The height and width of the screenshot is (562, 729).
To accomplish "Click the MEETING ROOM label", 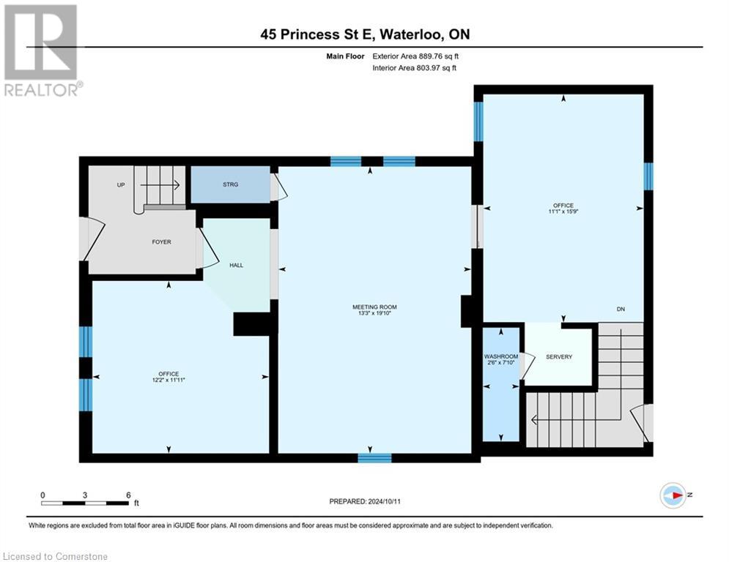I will (374, 307).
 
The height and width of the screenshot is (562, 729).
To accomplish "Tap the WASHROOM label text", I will (501, 356).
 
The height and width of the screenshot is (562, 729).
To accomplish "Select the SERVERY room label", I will (559, 356).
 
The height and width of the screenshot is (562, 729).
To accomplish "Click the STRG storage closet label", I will (230, 184).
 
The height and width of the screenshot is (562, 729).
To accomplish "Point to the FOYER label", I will (161, 241).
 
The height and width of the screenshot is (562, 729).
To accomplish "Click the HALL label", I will (236, 265).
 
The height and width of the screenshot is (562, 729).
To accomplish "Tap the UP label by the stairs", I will (121, 185).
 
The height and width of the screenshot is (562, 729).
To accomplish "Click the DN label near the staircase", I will (621, 310).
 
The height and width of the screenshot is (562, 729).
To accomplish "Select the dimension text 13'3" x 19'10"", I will (374, 314).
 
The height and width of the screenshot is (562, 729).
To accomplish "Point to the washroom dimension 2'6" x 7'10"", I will (501, 364).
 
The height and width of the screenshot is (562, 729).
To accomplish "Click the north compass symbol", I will (672, 495).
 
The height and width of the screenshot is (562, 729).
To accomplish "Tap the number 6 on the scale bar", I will (128, 495).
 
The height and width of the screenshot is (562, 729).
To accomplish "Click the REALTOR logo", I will (42, 50).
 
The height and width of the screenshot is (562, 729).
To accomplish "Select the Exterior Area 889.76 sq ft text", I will (415, 56).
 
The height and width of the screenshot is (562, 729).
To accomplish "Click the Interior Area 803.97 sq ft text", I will (415, 67).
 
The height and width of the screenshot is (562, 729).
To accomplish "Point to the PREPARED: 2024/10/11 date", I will (364, 501).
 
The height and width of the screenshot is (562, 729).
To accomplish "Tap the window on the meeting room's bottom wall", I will (374, 458).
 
